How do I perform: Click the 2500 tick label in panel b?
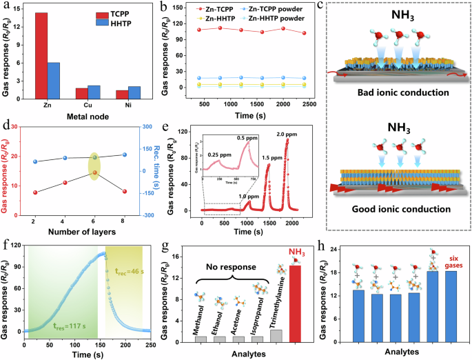[307, 104]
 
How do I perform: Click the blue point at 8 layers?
[124, 154]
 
